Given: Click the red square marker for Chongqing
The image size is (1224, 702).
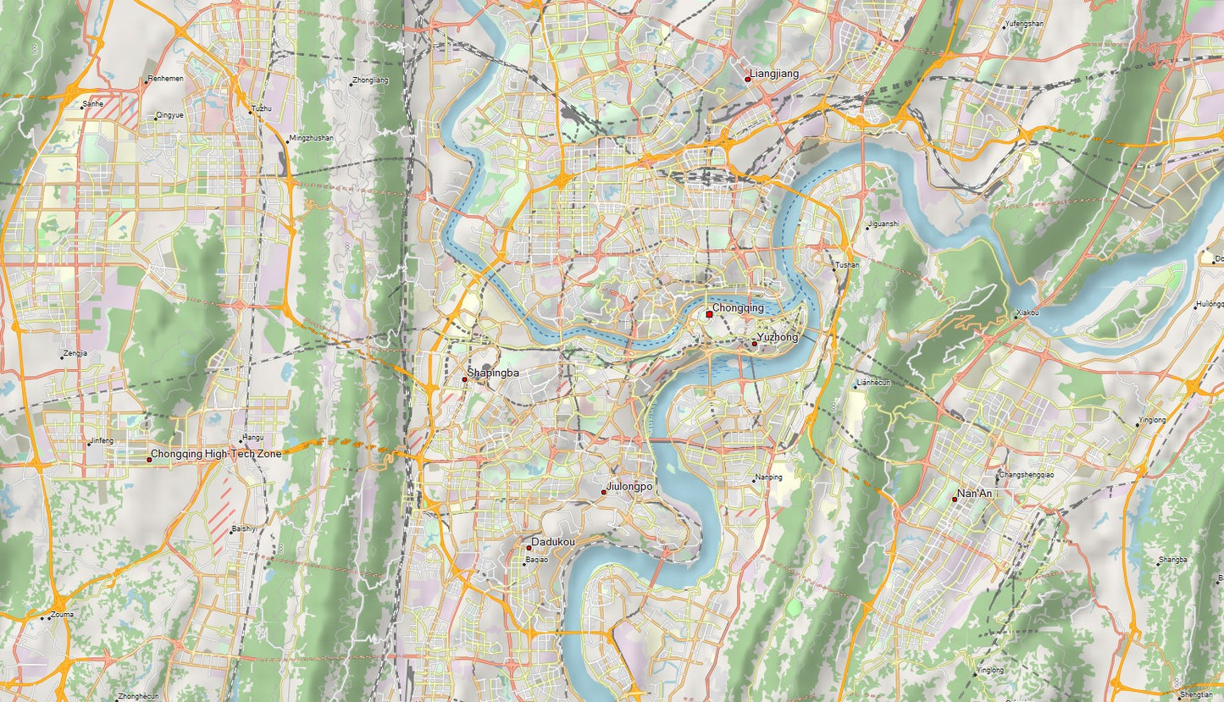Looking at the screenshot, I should click(709, 314).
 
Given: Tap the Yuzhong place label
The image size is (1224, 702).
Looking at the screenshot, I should click(778, 338).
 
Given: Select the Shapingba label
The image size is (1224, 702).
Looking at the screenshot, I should click(493, 373).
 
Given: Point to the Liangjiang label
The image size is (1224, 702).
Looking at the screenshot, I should click(774, 75).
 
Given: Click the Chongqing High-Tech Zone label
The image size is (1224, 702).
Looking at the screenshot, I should click(216, 455).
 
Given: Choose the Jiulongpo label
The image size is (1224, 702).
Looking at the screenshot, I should click(629, 487).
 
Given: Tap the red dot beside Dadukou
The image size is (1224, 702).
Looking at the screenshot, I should click(529, 548).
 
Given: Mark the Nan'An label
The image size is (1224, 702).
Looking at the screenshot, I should click(974, 494).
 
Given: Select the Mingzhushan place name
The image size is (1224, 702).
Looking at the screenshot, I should click(311, 137).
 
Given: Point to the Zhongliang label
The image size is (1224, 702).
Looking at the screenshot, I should click(370, 80).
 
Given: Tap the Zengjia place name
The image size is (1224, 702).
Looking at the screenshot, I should click(75, 353).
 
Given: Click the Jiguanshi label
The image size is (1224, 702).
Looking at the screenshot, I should click(883, 224).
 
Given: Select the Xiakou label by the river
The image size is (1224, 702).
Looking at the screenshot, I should click(1027, 313).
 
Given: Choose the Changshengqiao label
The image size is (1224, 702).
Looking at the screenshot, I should click(1027, 474).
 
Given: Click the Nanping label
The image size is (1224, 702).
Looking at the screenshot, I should click(769, 478).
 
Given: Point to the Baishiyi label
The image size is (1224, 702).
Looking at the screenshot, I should click(244, 528).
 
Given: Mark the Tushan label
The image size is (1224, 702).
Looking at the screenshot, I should click(847, 265).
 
